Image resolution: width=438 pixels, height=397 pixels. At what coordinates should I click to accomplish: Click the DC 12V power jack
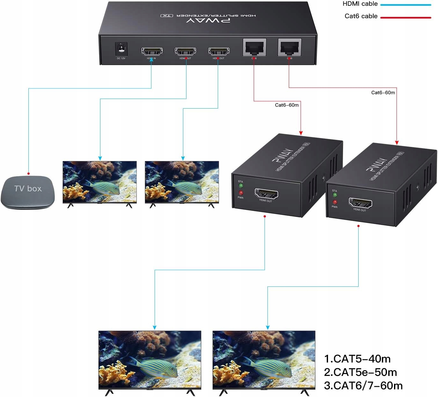click(121, 49)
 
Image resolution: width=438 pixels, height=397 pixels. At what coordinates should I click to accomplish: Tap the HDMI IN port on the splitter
click(152, 51)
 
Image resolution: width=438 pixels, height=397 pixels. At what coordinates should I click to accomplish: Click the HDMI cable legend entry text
click(360, 4)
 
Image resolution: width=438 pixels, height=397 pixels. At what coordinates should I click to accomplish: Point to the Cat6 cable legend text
click(361, 16)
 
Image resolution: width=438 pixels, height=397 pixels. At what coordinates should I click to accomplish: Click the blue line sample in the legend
click(405, 5)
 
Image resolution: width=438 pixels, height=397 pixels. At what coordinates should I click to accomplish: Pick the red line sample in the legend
click(405, 18)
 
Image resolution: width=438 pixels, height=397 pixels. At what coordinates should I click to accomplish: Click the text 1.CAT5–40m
click(357, 359)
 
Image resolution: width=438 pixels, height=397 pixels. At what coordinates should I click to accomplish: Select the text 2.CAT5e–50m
click(361, 372)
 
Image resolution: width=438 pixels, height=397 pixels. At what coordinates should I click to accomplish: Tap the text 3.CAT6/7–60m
click(363, 386)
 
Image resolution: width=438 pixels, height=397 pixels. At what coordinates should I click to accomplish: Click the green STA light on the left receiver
click(241, 185)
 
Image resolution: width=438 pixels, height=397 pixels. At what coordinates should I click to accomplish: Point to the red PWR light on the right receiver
click(335, 202)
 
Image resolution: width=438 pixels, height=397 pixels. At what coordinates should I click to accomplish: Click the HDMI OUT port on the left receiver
click(266, 194)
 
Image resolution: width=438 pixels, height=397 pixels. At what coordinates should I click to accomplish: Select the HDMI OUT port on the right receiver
click(360, 203)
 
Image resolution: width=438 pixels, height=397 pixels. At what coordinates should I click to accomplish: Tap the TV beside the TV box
click(99, 182)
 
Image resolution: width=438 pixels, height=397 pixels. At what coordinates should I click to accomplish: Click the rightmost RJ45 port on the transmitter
click(289, 48)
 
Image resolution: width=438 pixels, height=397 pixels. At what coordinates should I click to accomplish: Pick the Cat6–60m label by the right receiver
click(383, 93)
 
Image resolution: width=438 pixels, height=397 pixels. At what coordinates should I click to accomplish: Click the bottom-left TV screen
click(150, 360)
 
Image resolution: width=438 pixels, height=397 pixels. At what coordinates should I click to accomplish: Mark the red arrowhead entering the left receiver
click(301, 133)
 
